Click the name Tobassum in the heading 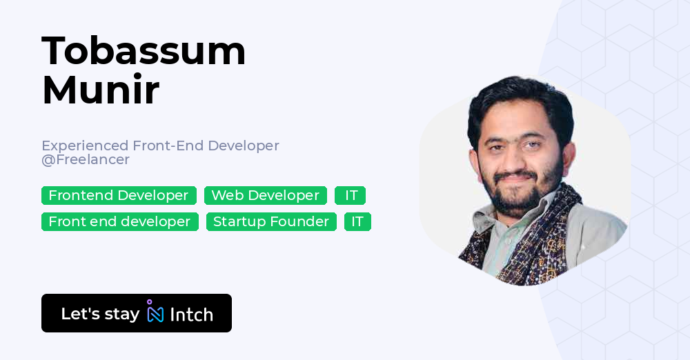144,51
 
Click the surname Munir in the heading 101,90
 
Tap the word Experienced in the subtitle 85,146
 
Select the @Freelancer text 86,160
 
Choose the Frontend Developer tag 119,196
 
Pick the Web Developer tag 266,196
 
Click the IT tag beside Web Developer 351,196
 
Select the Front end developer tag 119,222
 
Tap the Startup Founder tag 271,222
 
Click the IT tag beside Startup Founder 357,222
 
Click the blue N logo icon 155,314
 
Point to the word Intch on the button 191,314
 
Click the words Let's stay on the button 100,314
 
